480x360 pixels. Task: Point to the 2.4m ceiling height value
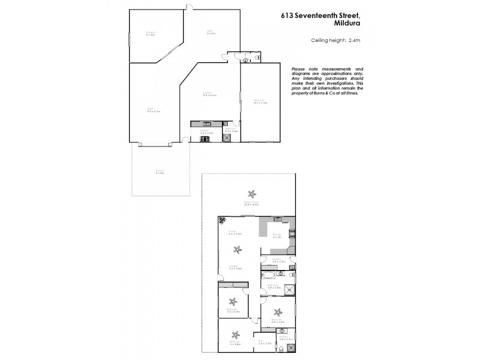coord(353,40)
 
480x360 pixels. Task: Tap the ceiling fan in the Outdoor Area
coord(253,194)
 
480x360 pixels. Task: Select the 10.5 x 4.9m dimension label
coord(251,205)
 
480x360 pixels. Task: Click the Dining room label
coord(232,231)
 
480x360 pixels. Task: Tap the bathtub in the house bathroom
coord(270,275)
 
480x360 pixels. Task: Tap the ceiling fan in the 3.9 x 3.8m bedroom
coord(278,312)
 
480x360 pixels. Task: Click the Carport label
coord(160,172)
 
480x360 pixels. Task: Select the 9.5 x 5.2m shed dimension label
coord(150,111)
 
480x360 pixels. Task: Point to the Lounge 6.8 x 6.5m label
coord(209,94)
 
